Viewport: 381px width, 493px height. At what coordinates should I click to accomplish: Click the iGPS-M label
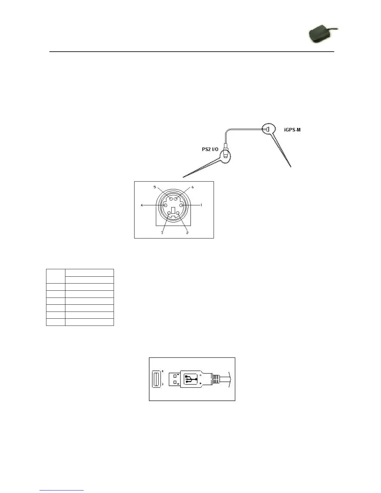(292, 129)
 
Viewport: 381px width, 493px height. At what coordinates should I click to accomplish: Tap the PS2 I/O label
(210, 149)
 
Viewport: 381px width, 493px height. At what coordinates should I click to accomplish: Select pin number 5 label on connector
(155, 187)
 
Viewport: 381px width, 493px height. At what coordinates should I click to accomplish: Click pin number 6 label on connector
(193, 187)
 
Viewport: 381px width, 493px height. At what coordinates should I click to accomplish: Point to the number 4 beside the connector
(142, 205)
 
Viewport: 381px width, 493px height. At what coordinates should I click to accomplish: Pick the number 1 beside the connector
(201, 205)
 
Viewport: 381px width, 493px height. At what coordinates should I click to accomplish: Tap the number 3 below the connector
(162, 233)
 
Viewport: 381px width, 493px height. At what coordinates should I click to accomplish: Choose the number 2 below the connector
(187, 233)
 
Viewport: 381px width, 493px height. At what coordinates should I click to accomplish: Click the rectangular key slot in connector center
(173, 210)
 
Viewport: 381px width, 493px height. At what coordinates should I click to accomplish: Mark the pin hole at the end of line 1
(181, 205)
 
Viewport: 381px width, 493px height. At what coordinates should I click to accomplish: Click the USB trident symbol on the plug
(190, 380)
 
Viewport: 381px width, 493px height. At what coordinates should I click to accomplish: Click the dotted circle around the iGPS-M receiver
(269, 129)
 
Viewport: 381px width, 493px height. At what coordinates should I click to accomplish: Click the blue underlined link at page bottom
(62, 490)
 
